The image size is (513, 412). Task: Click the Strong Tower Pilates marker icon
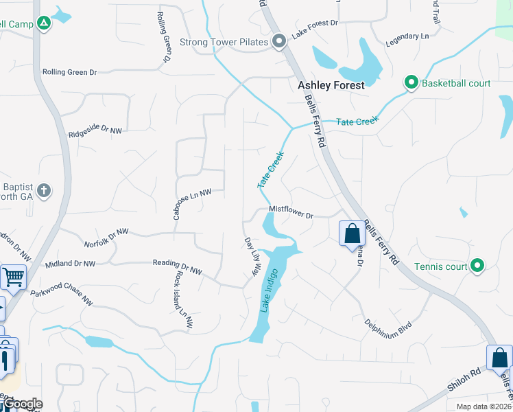279,43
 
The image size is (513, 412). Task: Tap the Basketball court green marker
411,83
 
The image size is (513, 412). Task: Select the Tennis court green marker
477,266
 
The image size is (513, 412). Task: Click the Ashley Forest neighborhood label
331,87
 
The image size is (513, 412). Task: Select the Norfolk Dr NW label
106,237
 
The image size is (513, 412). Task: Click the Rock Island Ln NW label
184,298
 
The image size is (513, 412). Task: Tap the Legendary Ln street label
407,35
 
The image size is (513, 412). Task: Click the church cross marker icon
44,190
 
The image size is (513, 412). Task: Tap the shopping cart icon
13,278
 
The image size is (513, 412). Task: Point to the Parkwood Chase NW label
62,296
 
